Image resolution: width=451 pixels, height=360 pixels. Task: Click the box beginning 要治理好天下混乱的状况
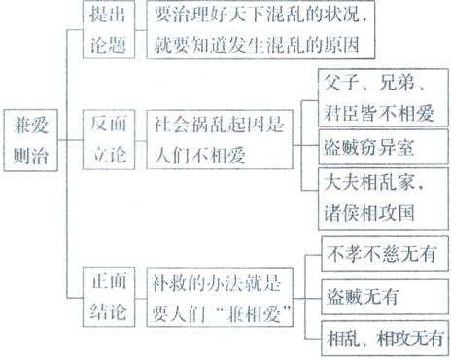[264, 29]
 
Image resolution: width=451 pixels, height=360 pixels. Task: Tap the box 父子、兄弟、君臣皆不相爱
[375, 95]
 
